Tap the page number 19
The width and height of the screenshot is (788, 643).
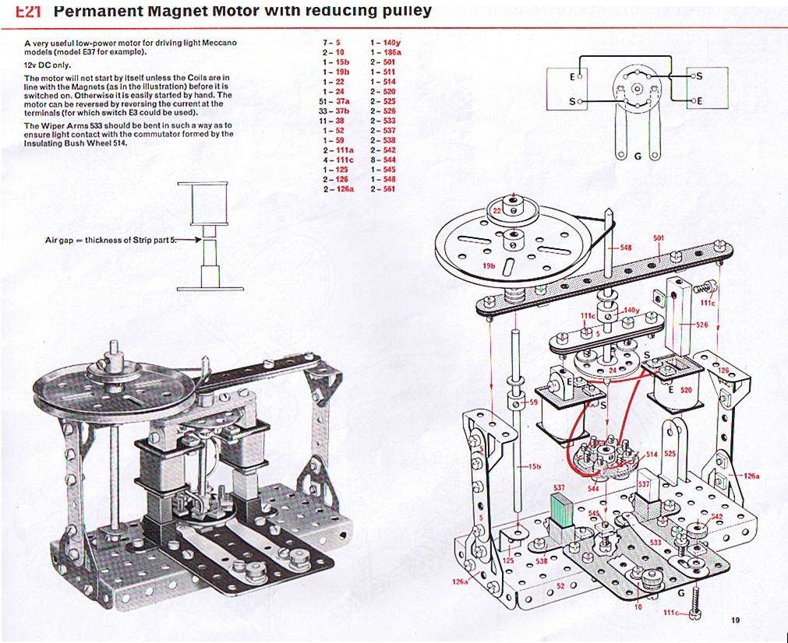[736, 620]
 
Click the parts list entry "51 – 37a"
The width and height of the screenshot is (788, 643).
[337, 100]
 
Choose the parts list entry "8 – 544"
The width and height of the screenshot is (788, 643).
[383, 159]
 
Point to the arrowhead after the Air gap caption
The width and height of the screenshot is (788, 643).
[196, 240]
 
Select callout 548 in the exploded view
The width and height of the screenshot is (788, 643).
[625, 248]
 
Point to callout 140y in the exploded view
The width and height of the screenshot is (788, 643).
[632, 310]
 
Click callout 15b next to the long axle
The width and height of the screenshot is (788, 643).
[535, 466]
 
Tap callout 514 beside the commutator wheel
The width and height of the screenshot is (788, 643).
[652, 453]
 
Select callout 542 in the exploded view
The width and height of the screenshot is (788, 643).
[717, 517]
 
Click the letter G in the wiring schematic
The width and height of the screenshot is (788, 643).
[638, 156]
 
